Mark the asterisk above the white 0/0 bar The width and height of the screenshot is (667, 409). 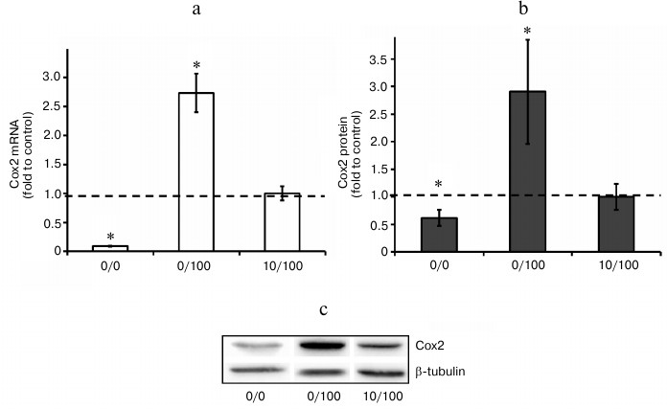[110, 237]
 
